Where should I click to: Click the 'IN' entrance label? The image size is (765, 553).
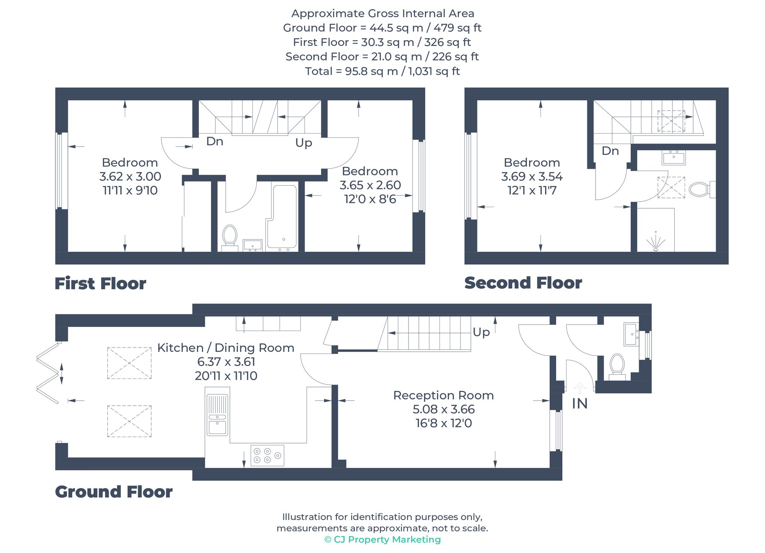[579, 404]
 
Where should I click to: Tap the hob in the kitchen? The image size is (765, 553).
[267, 455]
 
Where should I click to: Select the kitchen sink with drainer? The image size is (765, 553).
[217, 415]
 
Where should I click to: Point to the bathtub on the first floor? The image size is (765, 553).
[282, 217]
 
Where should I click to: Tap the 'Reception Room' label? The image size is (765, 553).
[443, 395]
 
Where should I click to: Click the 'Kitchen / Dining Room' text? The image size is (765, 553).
[226, 348]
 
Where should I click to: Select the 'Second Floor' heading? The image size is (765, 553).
[523, 283]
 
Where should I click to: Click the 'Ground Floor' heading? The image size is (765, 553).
[114, 492]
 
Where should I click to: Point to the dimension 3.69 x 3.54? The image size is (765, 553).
[532, 176]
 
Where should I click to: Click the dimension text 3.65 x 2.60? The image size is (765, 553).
[370, 185]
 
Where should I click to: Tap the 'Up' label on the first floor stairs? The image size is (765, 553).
[304, 143]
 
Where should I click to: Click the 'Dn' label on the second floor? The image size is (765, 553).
[610, 151]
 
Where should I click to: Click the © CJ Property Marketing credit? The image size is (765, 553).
[382, 540]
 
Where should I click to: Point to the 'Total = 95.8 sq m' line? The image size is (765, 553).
[382, 72]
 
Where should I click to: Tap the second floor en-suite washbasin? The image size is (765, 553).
[674, 157]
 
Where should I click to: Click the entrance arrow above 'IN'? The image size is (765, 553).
[579, 388]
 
